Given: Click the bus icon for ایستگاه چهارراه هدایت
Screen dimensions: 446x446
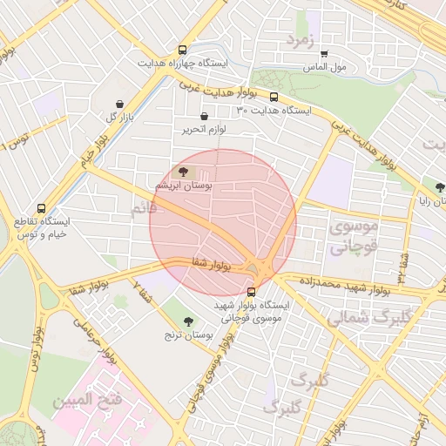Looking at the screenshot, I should tap(182, 51).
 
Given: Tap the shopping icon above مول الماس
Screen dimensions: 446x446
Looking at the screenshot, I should tap(324, 54).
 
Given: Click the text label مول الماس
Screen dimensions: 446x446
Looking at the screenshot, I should tap(324, 67).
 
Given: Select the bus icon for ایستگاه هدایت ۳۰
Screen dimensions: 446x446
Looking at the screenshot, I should tap(274, 98).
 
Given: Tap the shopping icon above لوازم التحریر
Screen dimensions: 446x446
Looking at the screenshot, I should tap(204, 116).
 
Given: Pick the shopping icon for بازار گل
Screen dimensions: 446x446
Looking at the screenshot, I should tap(119, 104).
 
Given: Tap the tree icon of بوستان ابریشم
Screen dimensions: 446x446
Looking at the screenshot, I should tap(183, 172).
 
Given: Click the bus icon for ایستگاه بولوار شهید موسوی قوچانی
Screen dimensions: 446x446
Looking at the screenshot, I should tap(252, 293).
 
